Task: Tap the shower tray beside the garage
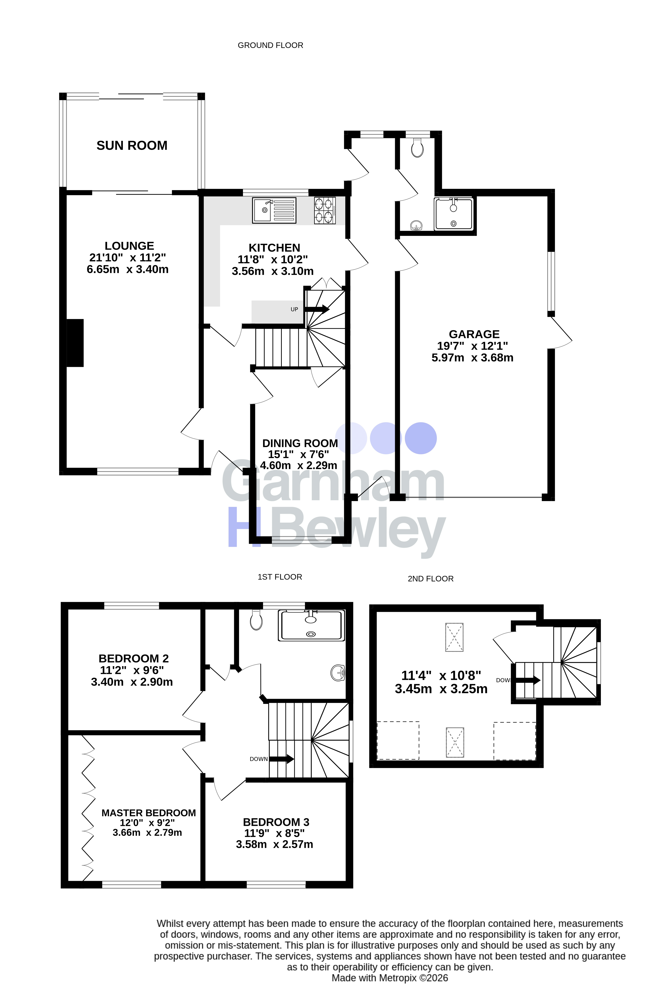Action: (453, 214)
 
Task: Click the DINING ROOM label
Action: (300, 443)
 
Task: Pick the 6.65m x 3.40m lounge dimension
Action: (127, 269)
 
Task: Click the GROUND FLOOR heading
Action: (271, 45)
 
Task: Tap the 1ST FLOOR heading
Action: (280, 577)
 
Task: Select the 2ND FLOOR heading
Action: (431, 579)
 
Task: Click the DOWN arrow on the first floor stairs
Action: (282, 759)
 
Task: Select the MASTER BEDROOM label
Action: (149, 813)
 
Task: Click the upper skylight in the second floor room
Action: (454, 637)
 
